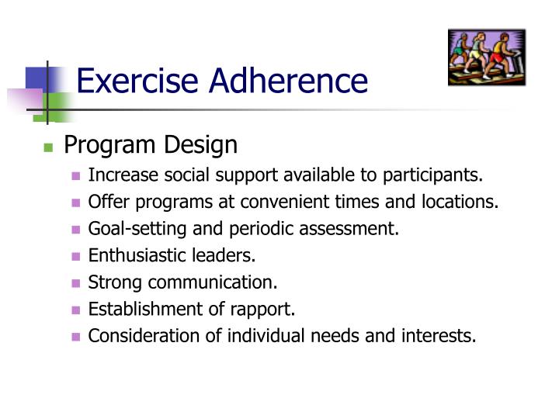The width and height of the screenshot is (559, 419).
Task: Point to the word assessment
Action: coord(358,229)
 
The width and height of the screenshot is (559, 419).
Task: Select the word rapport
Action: coord(268,310)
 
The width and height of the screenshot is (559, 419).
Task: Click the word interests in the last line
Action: coord(445,336)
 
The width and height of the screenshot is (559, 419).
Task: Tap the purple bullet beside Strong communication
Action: coord(76,283)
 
